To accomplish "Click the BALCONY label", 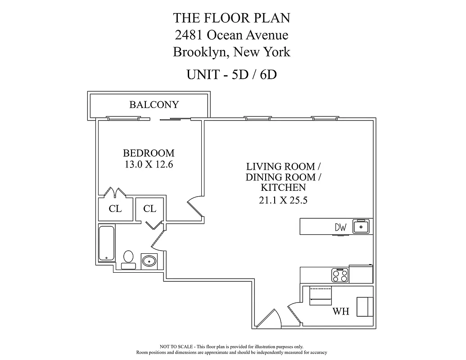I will pyautogui.click(x=154, y=105).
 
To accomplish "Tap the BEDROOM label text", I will pyautogui.click(x=149, y=153).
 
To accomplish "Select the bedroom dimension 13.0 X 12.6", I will pyautogui.click(x=149, y=165).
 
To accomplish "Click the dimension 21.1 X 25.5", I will pyautogui.click(x=283, y=201).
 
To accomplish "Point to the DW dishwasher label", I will pyautogui.click(x=341, y=228).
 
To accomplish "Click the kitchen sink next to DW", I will pyautogui.click(x=361, y=226).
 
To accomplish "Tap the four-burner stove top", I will pyautogui.click(x=340, y=275).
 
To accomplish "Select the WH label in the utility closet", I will pyautogui.click(x=341, y=311).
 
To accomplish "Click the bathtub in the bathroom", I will pyautogui.click(x=106, y=243).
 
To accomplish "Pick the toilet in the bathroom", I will pyautogui.click(x=128, y=258).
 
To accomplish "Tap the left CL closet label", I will pyautogui.click(x=115, y=209).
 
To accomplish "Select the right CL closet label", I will pyautogui.click(x=149, y=209).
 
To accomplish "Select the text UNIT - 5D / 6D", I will pyautogui.click(x=231, y=74).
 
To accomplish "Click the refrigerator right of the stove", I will pyautogui.click(x=361, y=273).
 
